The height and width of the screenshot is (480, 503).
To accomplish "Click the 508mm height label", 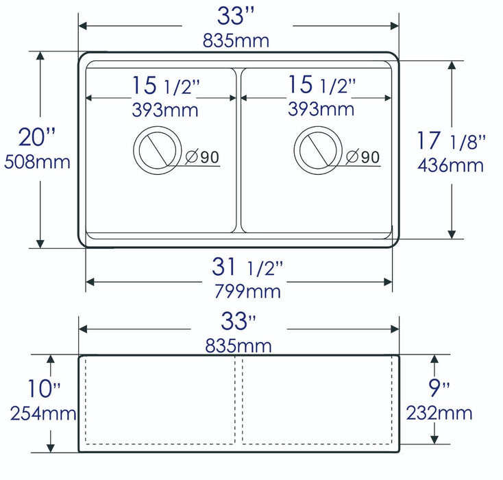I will pos(37,163).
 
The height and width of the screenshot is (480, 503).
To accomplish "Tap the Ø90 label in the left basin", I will pos(202,157).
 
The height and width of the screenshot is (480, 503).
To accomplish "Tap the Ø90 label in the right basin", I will pos(363,157).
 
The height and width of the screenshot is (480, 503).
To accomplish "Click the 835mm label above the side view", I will pos(237,346).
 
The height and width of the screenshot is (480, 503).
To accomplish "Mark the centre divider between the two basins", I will pos(238,149).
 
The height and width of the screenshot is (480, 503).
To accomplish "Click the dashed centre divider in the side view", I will pos(238,401).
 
